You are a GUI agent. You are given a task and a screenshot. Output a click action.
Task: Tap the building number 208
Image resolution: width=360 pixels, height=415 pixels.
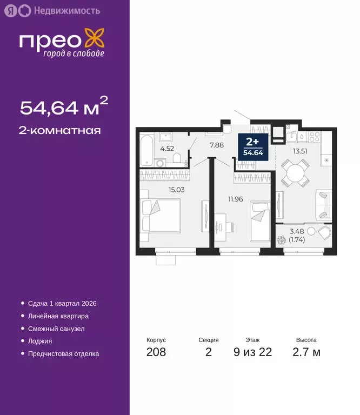point(156,352)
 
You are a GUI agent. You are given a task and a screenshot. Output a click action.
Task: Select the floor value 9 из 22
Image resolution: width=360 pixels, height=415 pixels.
point(252,352)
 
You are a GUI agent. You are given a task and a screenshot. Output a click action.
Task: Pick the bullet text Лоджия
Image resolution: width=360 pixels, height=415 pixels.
point(40,341)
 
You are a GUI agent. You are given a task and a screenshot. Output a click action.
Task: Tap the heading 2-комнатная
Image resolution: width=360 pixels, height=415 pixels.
point(60,130)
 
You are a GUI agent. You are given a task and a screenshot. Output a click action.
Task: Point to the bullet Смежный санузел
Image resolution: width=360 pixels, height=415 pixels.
point(56,329)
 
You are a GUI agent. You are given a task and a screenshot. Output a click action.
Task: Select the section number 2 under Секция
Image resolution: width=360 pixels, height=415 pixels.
point(209,352)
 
